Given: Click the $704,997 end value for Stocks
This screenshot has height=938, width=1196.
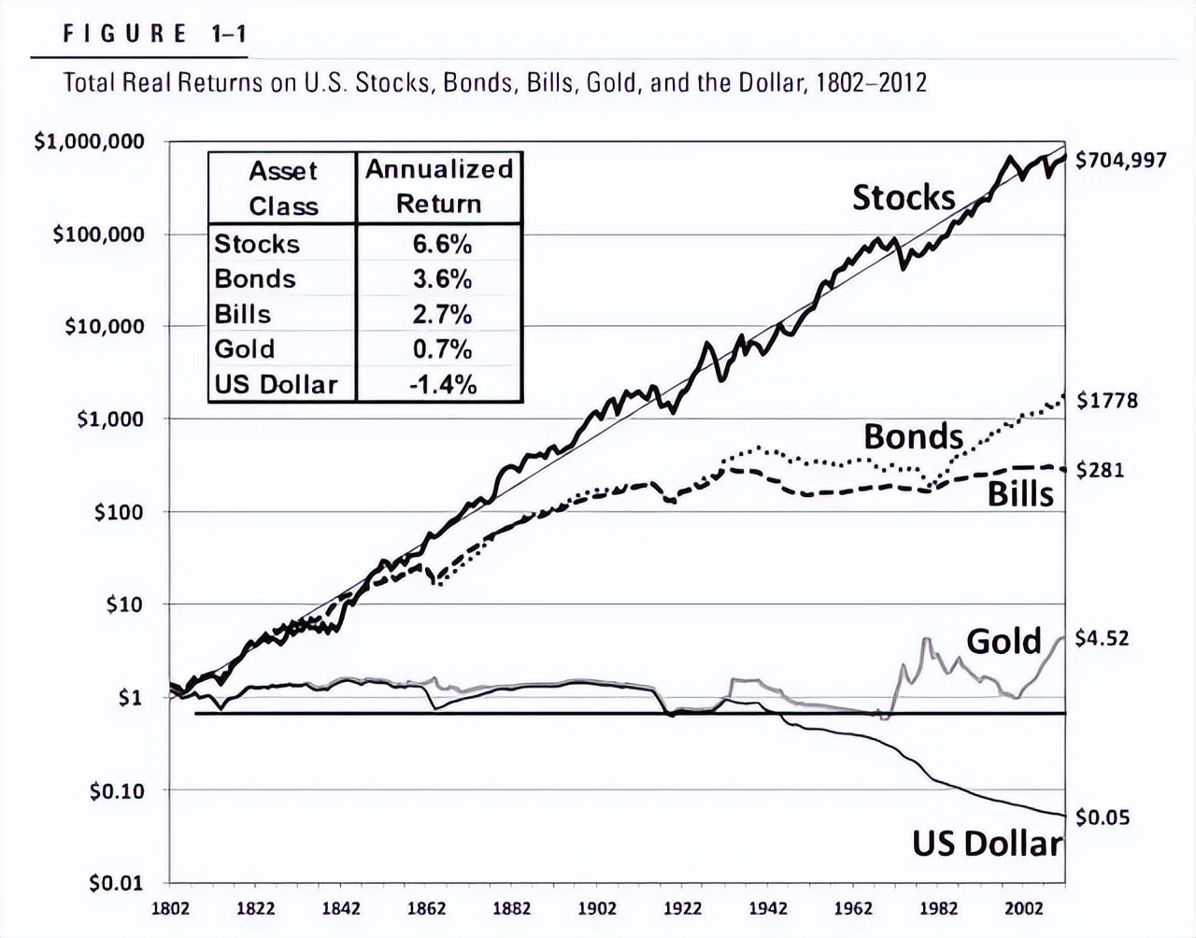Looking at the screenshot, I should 1121,160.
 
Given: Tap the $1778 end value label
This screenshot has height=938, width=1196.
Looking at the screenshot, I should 1107,401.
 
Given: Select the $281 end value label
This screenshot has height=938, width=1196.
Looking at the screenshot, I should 1100,470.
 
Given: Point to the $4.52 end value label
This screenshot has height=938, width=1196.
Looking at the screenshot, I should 1103,639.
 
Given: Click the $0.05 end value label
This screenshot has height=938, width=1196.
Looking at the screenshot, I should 1103,817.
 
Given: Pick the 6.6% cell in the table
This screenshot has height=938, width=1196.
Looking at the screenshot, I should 442,244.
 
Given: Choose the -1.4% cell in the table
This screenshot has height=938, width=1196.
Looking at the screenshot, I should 442,384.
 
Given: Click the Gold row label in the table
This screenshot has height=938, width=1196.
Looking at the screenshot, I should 245,349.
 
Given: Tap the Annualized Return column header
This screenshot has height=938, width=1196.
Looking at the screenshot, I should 438,186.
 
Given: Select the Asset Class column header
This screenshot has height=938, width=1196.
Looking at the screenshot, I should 283,188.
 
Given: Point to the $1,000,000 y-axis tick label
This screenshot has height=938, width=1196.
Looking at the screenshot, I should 90,142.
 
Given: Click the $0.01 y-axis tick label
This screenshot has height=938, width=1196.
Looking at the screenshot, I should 117,883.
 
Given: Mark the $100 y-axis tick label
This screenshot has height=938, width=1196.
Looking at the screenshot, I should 119,512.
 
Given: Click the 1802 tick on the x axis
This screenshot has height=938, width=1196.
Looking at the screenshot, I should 169,908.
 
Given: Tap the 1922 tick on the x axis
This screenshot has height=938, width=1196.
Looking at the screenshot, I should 683,908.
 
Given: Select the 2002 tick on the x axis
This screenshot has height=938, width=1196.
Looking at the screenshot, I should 1024,908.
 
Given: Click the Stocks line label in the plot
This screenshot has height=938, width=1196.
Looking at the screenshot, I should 903,197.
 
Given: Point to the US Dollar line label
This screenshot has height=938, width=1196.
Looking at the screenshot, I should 988,844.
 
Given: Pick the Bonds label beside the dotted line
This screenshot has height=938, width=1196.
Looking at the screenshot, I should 912,436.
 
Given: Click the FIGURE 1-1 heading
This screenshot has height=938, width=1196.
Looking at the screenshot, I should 154,35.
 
